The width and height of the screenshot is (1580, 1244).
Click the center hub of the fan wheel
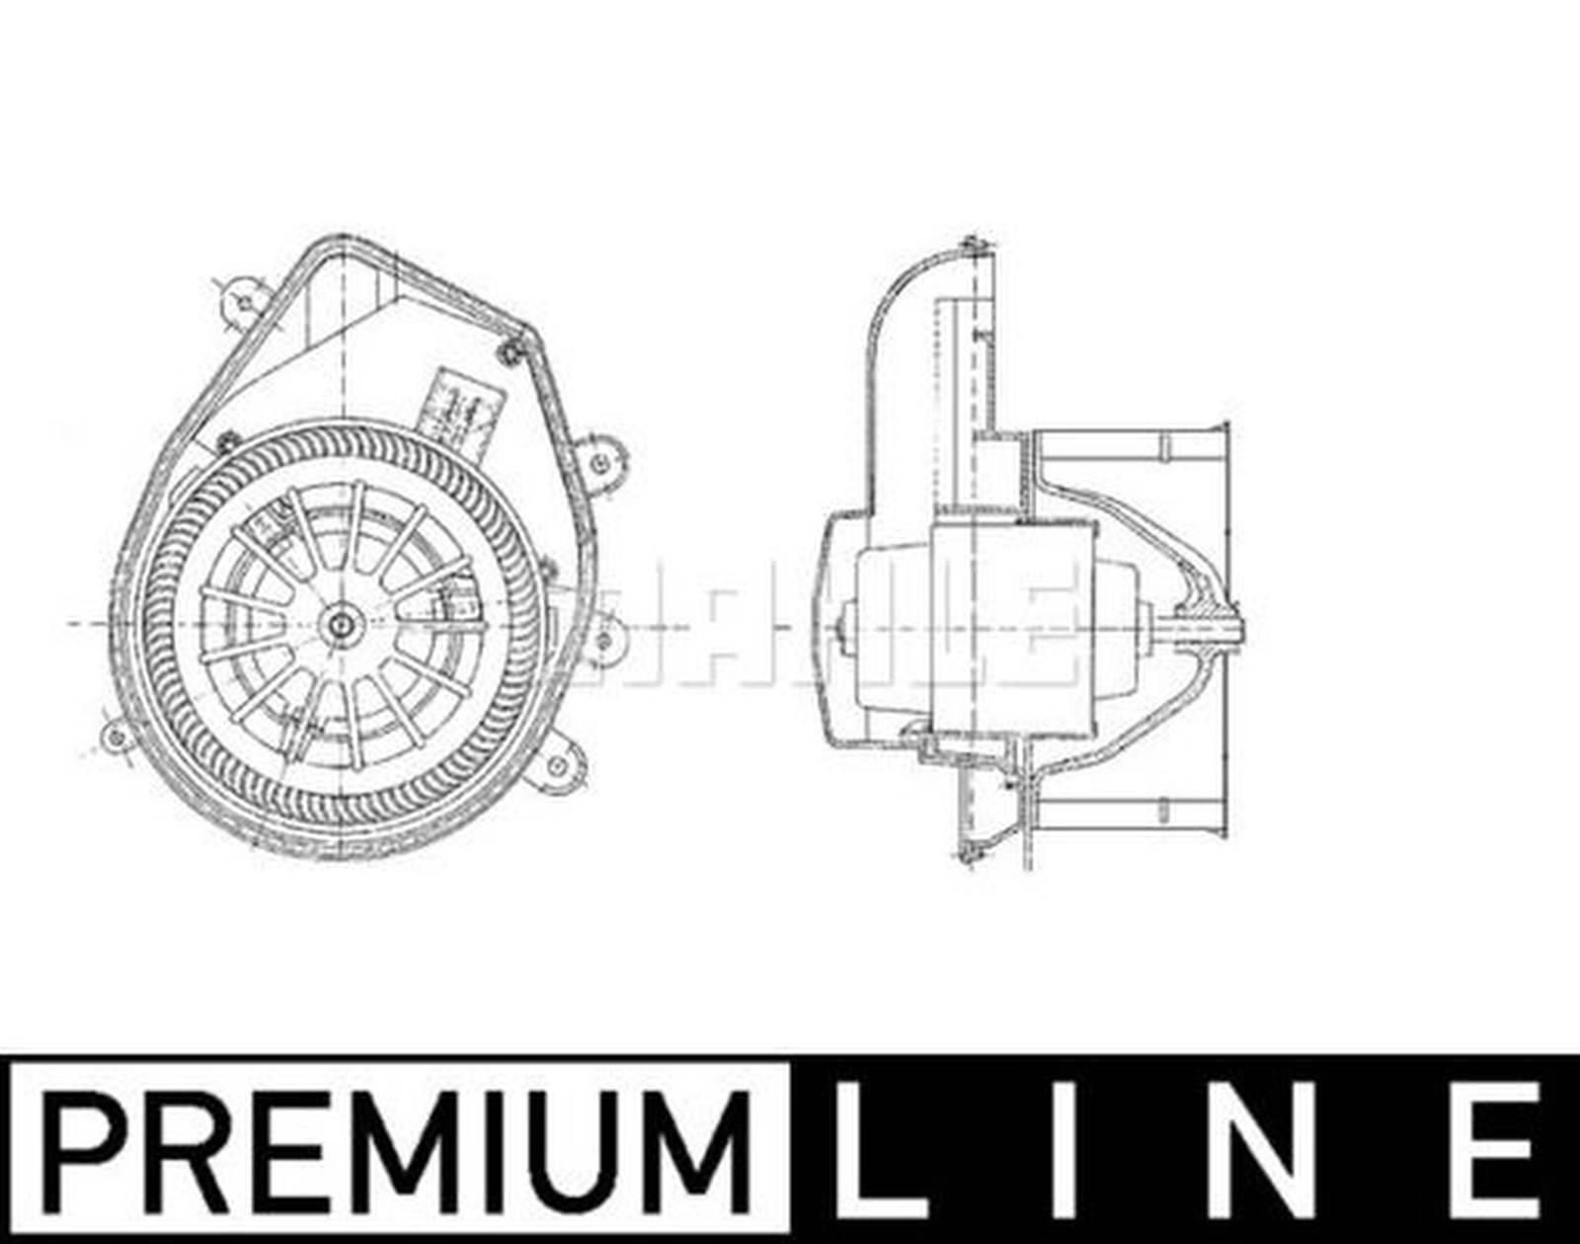343,624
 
